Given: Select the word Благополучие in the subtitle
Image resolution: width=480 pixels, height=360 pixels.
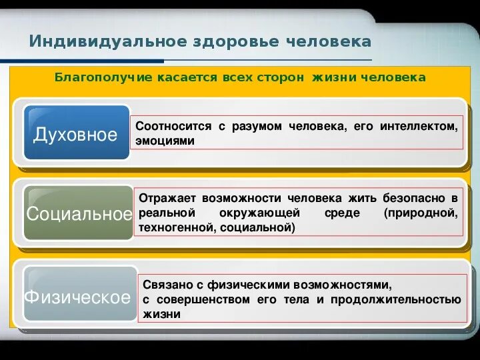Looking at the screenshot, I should pos(94,77).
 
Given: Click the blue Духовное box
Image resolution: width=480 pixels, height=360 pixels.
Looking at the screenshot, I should pos(75,135).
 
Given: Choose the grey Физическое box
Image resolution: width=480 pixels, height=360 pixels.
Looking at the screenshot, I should pos(77,297).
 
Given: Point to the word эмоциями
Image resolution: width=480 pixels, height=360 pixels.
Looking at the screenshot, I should pos(165,141).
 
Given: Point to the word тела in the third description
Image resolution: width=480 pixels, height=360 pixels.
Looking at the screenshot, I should pos(294,299).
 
